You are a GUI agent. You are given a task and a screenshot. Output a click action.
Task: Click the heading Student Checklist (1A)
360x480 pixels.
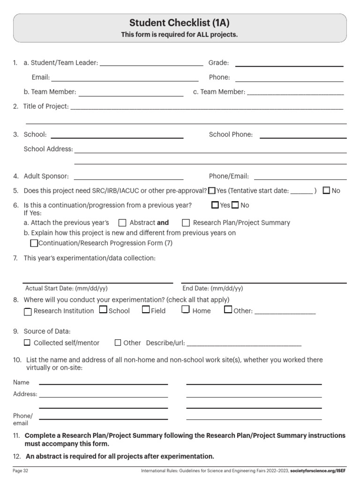[x=180, y=23]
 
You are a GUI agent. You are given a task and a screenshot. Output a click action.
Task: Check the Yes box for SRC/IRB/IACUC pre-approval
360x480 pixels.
[x=212, y=191]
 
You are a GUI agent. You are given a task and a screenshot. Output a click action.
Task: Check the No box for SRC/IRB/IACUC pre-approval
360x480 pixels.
[x=327, y=191]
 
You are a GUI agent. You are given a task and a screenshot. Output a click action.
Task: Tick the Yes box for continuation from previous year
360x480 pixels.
[x=215, y=205]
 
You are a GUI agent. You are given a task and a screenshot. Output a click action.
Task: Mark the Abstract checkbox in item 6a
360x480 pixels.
[x=122, y=223]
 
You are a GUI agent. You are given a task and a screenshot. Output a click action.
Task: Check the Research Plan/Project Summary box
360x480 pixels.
[x=186, y=223]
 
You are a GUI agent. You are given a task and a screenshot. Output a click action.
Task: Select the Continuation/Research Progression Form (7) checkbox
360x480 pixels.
[x=34, y=243]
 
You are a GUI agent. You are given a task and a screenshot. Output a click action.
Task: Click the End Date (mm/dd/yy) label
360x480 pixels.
[x=213, y=289]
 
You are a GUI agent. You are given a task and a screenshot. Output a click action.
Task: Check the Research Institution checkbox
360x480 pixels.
[x=28, y=311]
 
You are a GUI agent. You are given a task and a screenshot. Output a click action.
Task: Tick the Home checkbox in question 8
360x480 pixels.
[x=186, y=309]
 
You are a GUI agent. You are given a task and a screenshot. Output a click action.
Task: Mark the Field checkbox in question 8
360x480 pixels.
[x=146, y=309]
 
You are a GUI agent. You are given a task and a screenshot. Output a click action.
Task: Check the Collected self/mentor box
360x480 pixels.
[x=27, y=343]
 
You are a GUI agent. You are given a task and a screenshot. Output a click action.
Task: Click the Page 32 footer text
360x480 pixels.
[x=21, y=470]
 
